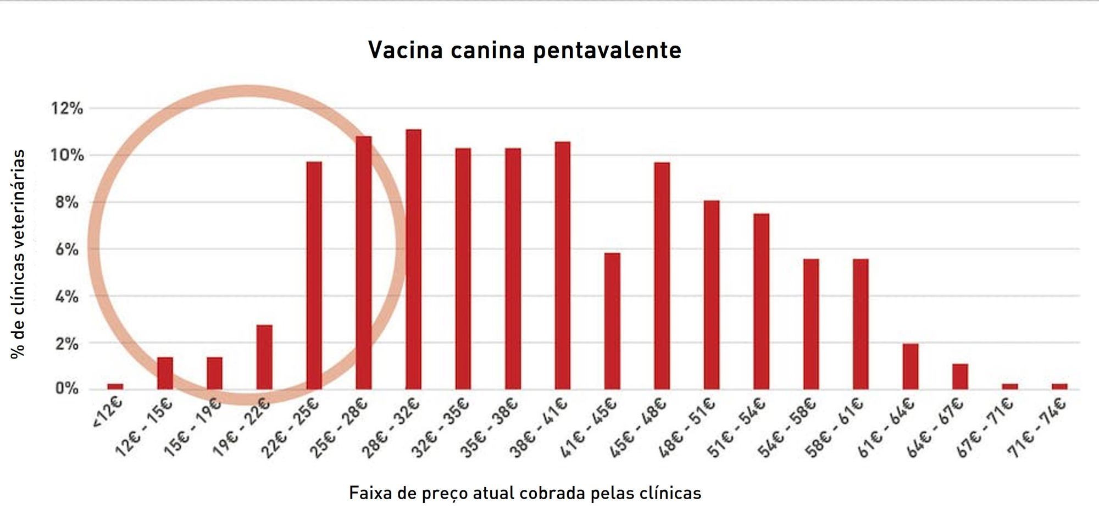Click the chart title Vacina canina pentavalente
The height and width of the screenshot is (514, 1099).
525,50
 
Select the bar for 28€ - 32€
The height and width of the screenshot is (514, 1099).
413,259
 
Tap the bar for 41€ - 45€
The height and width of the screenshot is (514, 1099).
612,321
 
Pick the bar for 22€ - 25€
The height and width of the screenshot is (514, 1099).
314,275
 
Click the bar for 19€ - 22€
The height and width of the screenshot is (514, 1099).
264,357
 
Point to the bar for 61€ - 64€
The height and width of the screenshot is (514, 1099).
910,366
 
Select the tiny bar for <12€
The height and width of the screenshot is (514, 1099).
115,386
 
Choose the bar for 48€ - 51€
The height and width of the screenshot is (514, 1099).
712,295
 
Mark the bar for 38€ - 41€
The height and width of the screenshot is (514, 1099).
563,266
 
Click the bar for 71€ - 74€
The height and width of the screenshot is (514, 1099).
1059,386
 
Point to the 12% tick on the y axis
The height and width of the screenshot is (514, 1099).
67,108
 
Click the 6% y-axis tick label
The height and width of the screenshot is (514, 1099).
67,250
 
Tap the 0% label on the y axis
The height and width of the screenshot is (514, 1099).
67,389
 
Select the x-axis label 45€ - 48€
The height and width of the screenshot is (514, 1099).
639,428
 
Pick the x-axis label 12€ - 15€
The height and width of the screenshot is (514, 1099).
144,428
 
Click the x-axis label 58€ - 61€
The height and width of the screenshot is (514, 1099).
835,428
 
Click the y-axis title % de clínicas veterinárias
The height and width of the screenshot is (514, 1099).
18,254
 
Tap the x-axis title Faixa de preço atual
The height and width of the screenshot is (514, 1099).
525,493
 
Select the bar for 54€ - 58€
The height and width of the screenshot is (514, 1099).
811,324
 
